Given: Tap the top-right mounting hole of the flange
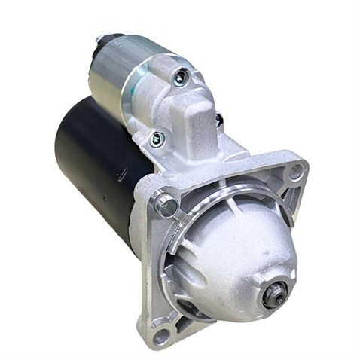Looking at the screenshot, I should click(295, 172).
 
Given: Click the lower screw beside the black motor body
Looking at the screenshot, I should click(157, 139).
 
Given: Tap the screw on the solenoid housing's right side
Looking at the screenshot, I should click(218, 119).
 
